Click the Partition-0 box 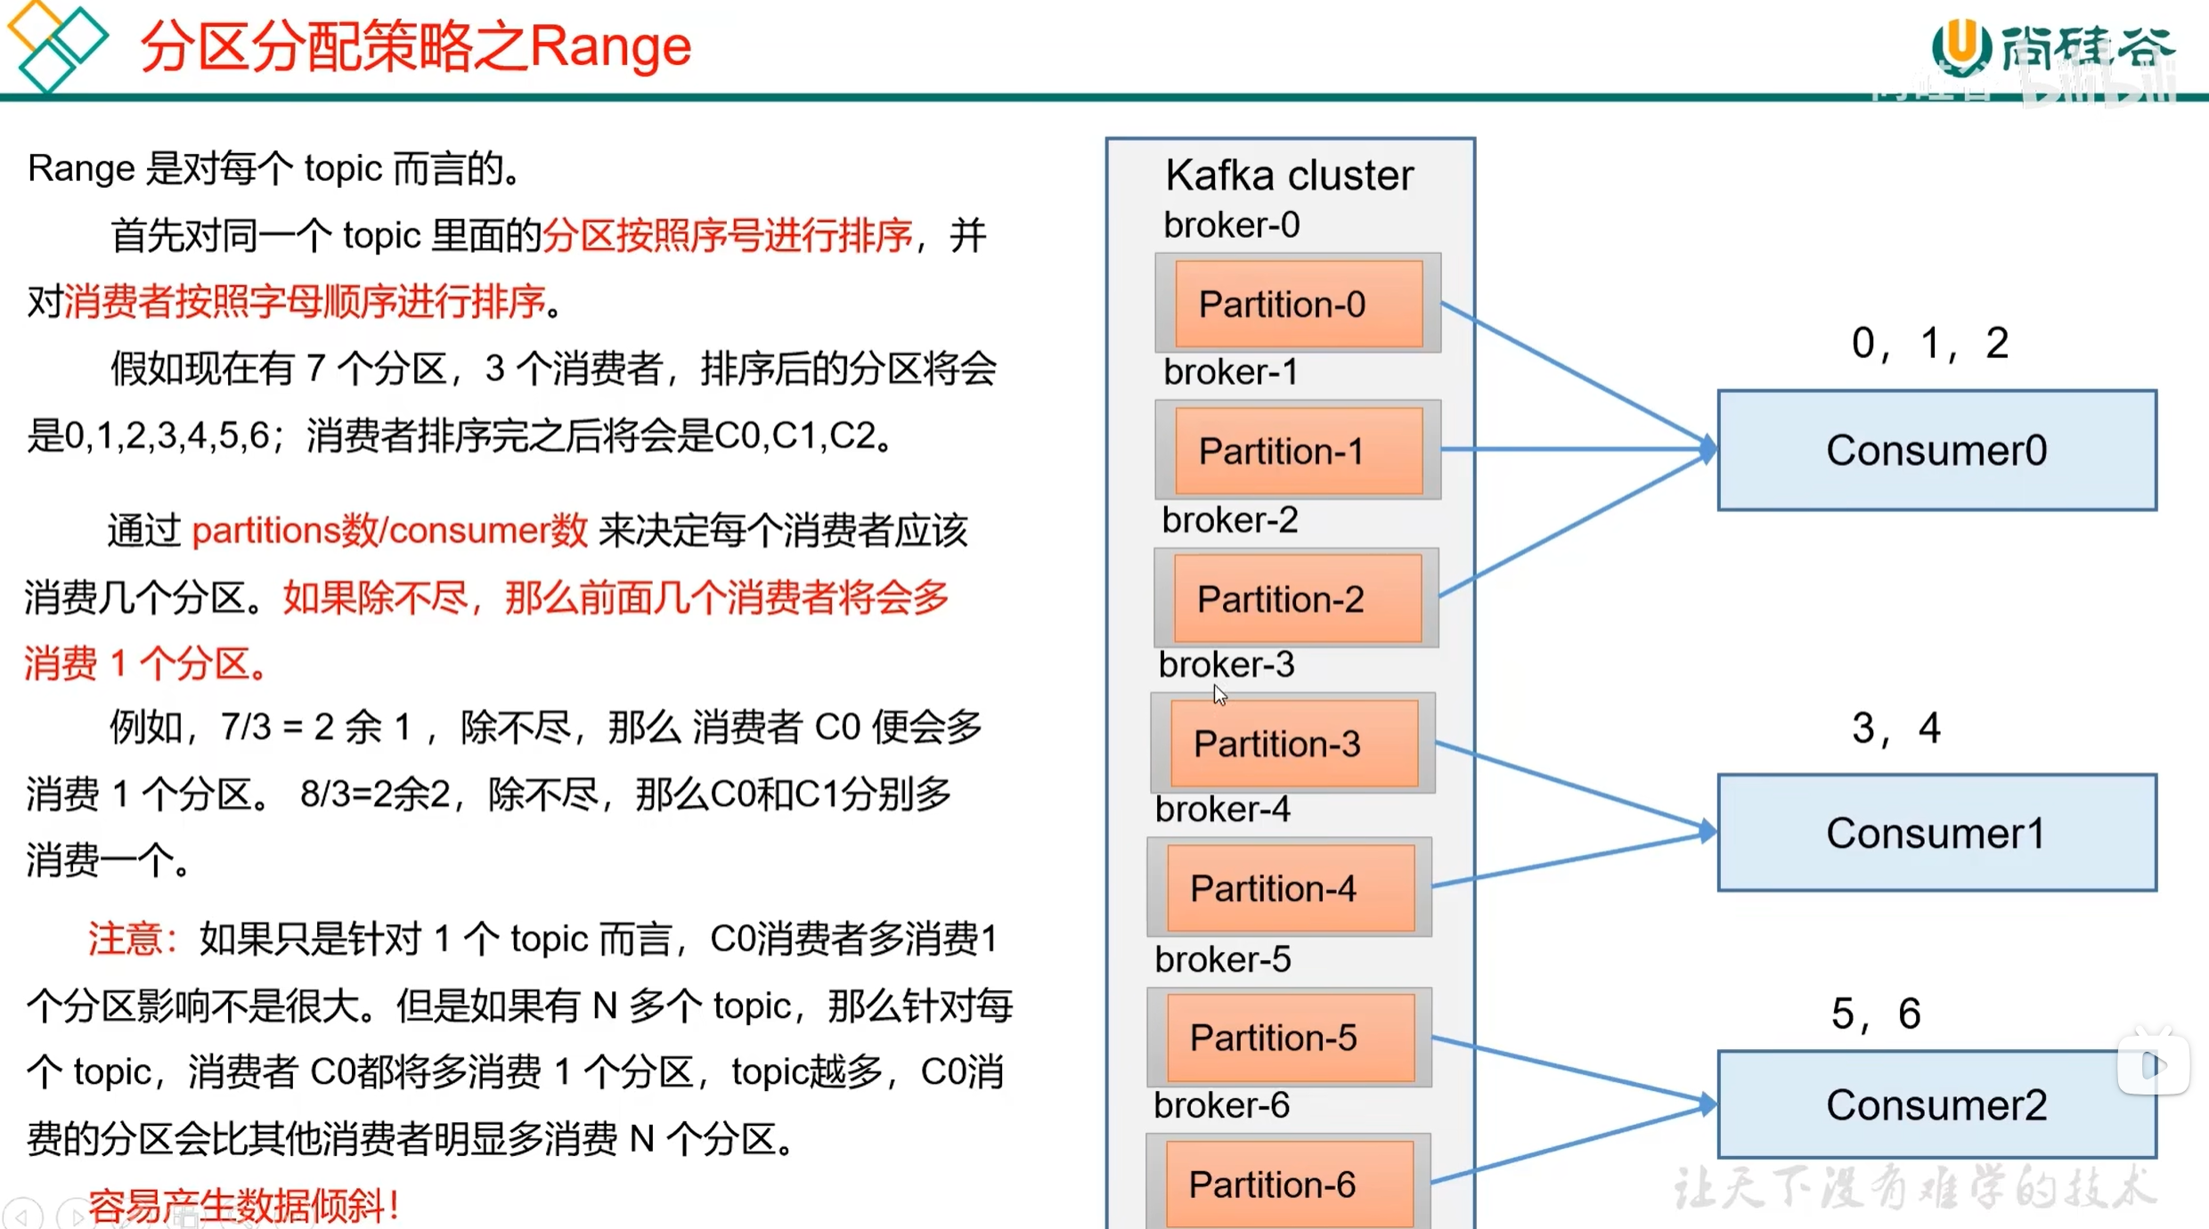1298,304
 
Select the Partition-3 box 1293,744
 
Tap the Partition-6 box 1289,1184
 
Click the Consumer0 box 1936,450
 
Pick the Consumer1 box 1936,833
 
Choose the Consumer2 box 1936,1104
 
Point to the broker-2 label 1230,519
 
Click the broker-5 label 1222,959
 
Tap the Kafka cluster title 1289,175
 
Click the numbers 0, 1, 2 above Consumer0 1929,343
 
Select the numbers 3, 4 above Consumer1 1895,728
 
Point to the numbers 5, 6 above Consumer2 1875,1013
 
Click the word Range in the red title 611,47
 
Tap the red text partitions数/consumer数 389,531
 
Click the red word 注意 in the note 126,939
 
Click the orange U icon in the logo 1960,45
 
